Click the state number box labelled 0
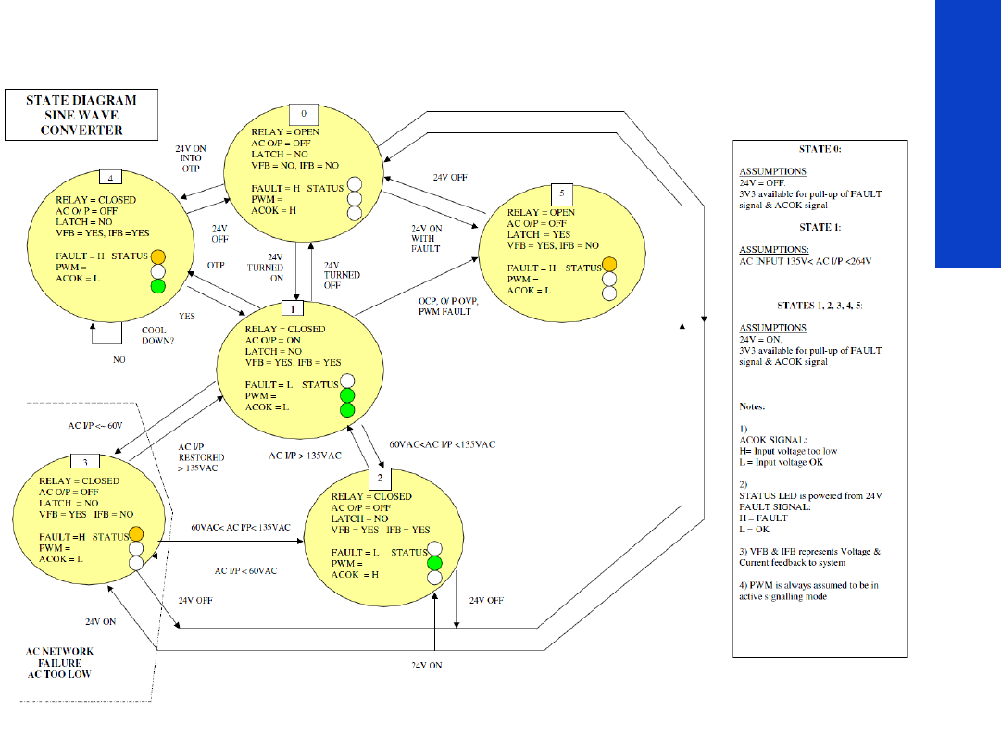(x=304, y=112)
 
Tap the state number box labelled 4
(x=111, y=179)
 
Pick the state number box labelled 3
(x=85, y=462)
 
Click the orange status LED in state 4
(x=157, y=256)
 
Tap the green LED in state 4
(x=157, y=286)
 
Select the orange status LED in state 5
(x=609, y=264)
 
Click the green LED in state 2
(x=434, y=564)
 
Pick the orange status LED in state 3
(x=136, y=533)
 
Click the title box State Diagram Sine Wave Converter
(x=81, y=115)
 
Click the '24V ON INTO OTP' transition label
(x=191, y=158)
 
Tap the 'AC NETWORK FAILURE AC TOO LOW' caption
(x=59, y=663)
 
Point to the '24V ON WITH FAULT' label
(x=428, y=238)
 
